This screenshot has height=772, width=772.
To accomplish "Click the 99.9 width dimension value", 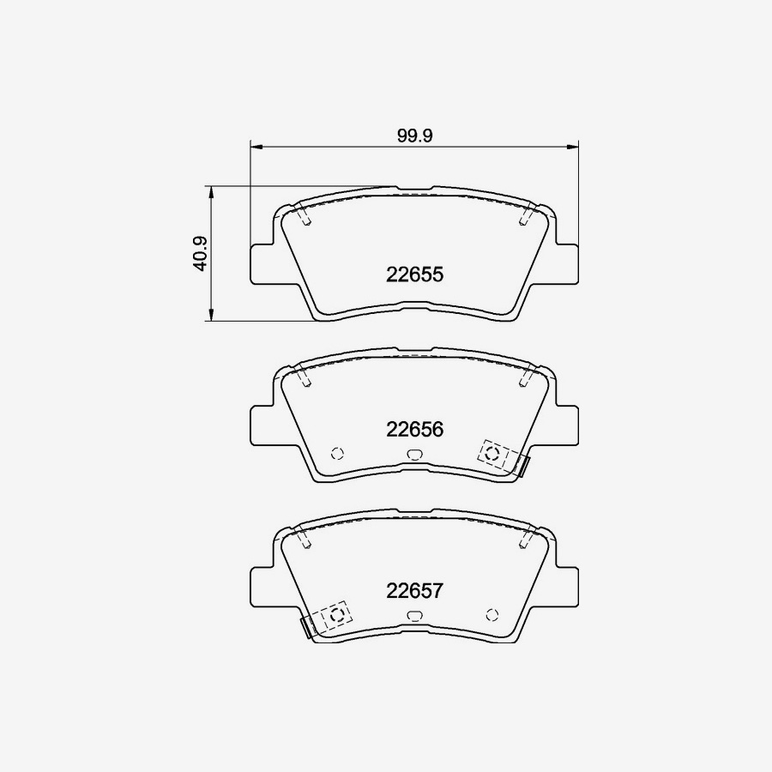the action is [x=414, y=136].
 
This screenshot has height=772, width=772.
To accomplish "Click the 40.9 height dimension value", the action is [x=201, y=254].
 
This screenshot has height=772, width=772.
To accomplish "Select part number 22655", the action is [x=414, y=274].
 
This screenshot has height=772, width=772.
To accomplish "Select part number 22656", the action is [x=414, y=430].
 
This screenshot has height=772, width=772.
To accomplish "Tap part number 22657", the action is [x=414, y=590].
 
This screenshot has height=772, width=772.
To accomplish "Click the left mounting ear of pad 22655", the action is [x=262, y=264].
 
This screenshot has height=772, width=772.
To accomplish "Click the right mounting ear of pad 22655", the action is [x=567, y=264].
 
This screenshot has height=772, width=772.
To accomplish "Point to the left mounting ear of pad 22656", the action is [x=262, y=425].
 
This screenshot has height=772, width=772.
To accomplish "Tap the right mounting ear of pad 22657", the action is [x=567, y=587].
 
